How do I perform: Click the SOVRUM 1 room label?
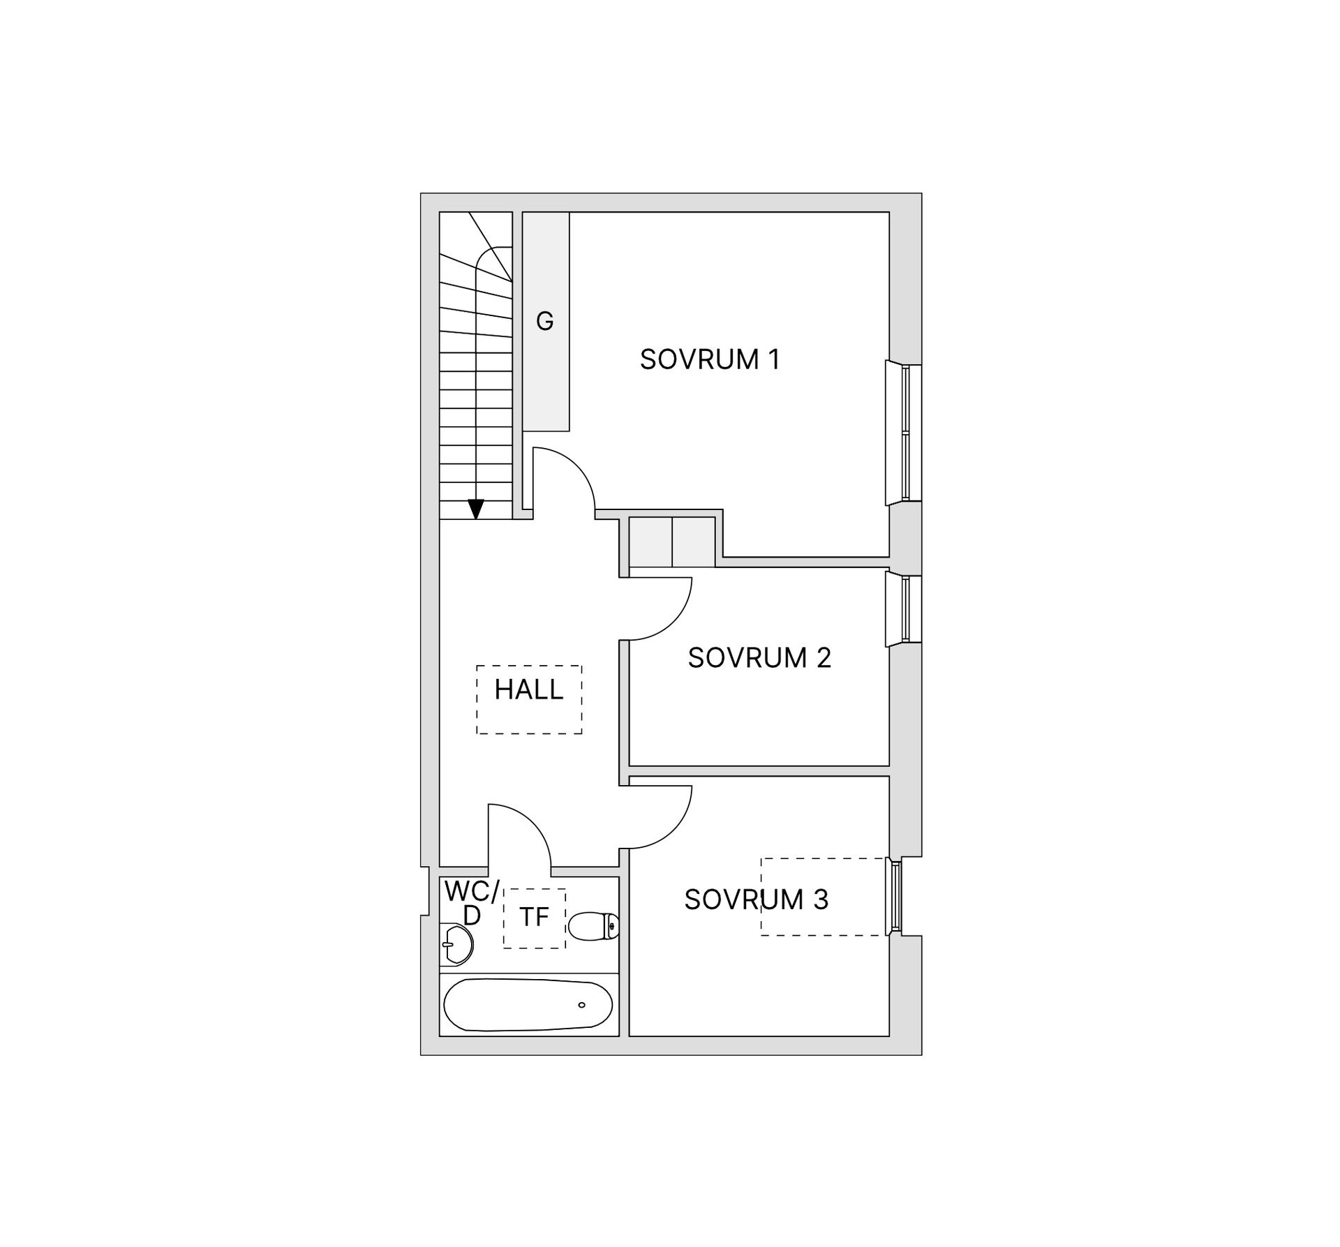pyautogui.click(x=709, y=359)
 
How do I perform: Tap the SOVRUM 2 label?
pyautogui.click(x=759, y=658)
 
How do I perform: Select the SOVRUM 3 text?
pyautogui.click(x=757, y=899)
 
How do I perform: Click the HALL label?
pyautogui.click(x=528, y=689)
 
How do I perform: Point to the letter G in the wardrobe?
pyautogui.click(x=544, y=321)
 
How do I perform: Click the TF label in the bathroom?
pyautogui.click(x=534, y=917)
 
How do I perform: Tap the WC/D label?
pyautogui.click(x=472, y=903)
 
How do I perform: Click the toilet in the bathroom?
pyautogui.click(x=594, y=926)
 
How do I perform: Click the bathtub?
pyautogui.click(x=528, y=1005)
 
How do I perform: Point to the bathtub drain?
pyautogui.click(x=581, y=1005)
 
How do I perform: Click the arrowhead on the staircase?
pyautogui.click(x=476, y=509)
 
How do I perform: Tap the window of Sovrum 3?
pyautogui.click(x=893, y=896)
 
